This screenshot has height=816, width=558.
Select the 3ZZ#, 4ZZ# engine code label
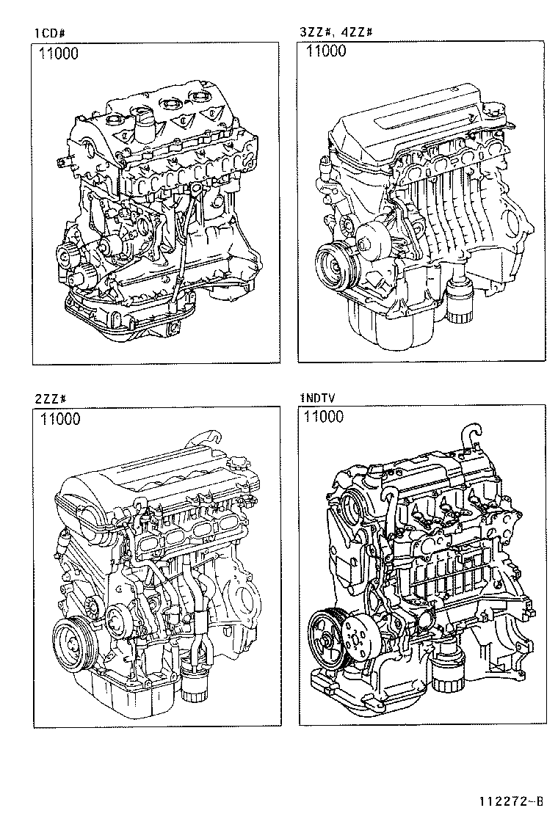coord(336,32)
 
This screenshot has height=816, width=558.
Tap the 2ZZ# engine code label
coord(51,399)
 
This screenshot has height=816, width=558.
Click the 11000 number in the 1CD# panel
coord(60,54)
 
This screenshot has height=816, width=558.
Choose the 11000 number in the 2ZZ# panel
coord(60,420)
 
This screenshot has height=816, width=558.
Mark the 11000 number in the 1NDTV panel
coord(324,418)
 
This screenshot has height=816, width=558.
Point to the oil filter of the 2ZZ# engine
coord(197,686)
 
